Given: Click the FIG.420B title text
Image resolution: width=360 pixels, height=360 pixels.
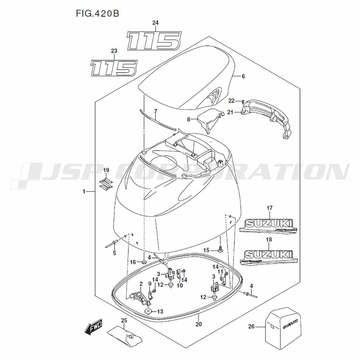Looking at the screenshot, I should tap(97, 14).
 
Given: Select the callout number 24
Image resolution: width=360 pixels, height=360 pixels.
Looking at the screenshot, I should tap(155, 23).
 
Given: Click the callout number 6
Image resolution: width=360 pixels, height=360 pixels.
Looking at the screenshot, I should tap(243, 76).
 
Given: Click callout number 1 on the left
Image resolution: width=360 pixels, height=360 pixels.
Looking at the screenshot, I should tap(84, 192).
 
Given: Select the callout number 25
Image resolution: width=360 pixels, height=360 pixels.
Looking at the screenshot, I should tap(124, 320).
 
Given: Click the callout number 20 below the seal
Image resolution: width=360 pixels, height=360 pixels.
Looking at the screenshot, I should tap(199, 324).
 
